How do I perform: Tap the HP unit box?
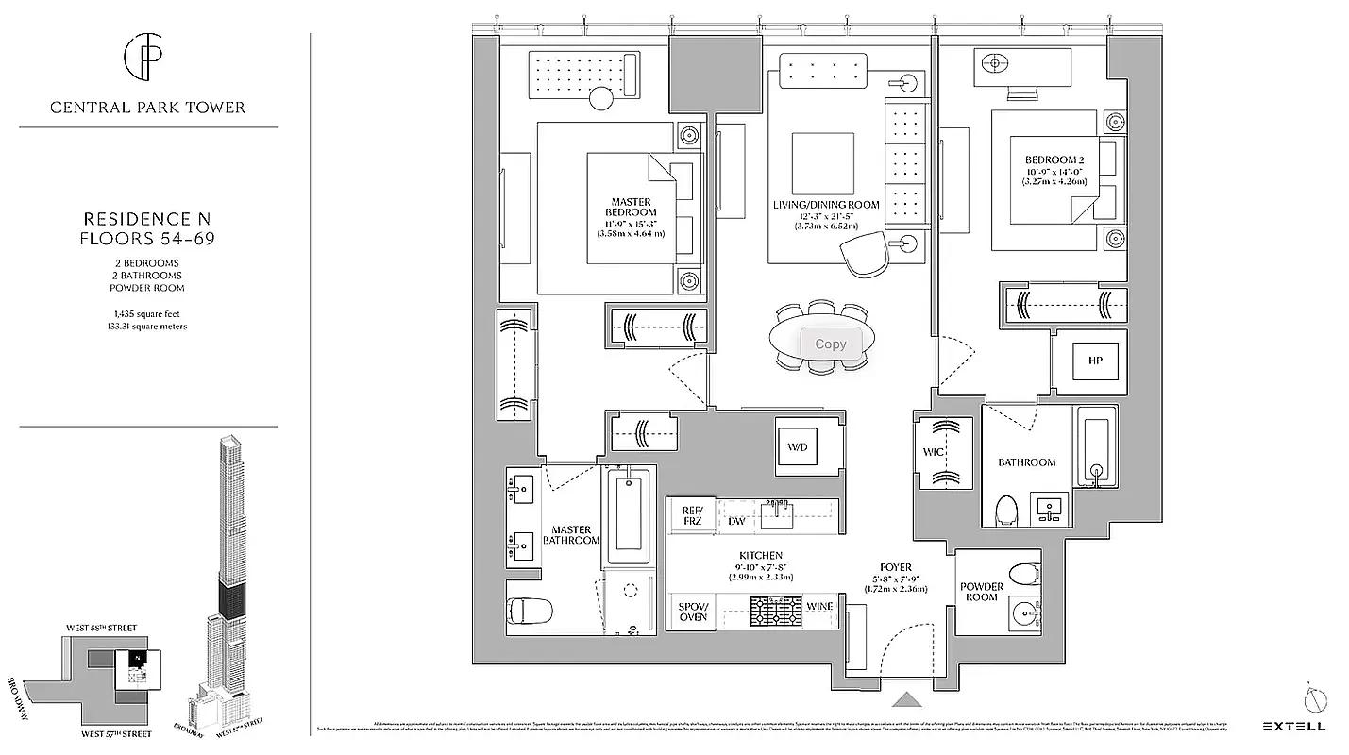pos(1094,361)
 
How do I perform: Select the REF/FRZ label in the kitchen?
pos(693,516)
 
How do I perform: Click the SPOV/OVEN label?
pos(693,611)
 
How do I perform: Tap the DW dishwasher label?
pos(736,521)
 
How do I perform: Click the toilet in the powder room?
pos(1022,574)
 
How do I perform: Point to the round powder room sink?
pos(1022,613)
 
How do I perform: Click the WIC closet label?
pos(934,453)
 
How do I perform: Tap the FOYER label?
pos(895,567)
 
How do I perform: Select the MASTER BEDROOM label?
pos(632,207)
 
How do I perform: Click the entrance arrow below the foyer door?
pos(906,699)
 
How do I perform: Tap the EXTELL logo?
pos(1293,726)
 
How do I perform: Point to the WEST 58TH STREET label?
pos(101,628)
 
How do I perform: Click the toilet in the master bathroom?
pos(530,611)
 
